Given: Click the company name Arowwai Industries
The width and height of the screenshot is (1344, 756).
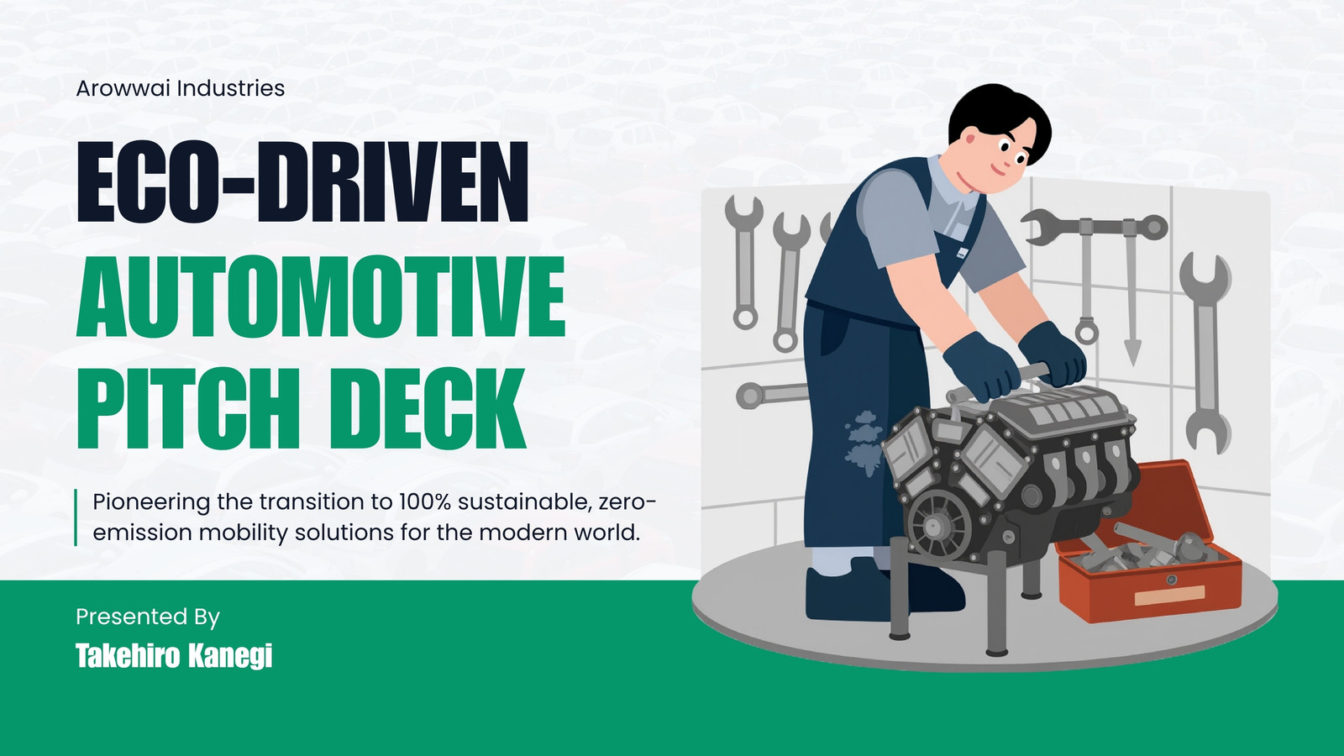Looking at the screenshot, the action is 180,88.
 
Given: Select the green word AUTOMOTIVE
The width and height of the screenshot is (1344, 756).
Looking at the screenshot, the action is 321,297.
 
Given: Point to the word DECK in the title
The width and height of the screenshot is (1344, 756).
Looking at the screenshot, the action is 428,408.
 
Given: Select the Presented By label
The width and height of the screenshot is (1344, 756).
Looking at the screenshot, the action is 148,617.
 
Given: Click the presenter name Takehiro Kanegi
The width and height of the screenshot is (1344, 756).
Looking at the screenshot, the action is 174,655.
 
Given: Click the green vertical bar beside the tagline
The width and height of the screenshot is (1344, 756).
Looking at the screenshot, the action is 76,517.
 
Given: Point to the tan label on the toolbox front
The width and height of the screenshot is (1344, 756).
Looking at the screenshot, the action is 1170,595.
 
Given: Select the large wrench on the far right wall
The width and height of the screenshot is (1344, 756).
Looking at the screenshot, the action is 1205,353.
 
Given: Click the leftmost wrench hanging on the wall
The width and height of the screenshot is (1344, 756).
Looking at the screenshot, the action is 744,262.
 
